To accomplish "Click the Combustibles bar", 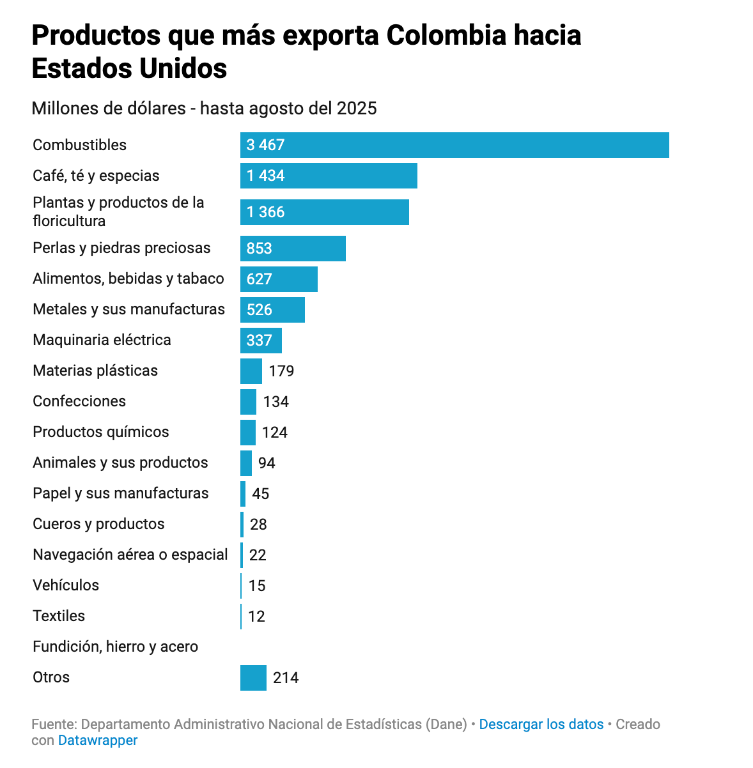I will coord(454,145).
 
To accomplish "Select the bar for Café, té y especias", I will coord(329,176).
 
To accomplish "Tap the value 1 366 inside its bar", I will coord(265,212).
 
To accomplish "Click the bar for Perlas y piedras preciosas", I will coord(293,249).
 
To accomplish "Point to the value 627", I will coord(260,279).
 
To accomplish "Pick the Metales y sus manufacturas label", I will coord(128,310).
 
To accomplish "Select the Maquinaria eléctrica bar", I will coord(261,341).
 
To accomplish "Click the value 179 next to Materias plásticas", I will coord(281,371).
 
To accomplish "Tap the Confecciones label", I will coord(79,401).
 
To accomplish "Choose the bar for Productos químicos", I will coord(248,433).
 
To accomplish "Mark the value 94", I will coord(267,463).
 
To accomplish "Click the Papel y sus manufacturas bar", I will coord(243,494).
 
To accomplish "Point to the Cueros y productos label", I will coord(98,524).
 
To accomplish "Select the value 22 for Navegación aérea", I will coord(258,555).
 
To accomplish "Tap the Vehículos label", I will coord(66,585).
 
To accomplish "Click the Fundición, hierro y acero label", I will coord(115,647).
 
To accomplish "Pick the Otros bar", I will coord(253,678).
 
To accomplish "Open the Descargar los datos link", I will coord(541,725).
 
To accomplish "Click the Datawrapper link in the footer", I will coord(98,741).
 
